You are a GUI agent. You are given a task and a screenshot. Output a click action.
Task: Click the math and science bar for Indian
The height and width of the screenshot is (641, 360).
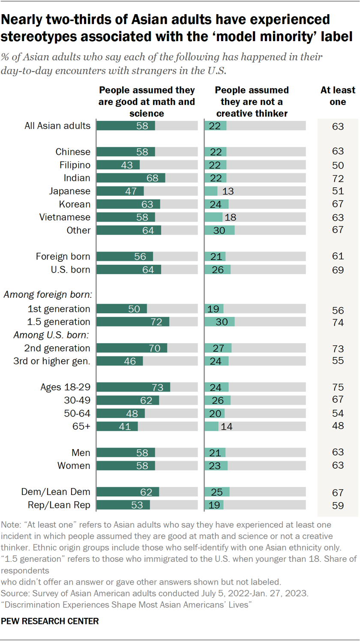pos(131,178)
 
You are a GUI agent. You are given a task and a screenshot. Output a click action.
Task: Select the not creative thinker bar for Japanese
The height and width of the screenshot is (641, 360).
pos(211,191)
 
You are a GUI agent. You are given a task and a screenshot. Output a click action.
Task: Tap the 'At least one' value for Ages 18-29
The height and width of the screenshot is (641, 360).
pos(338,387)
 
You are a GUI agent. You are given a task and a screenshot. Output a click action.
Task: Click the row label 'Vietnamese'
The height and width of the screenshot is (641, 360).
pos(65,217)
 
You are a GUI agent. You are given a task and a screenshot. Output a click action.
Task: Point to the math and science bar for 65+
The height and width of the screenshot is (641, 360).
pos(117,426)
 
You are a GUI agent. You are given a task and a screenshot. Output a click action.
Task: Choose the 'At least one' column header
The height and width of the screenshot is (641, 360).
pos(338,96)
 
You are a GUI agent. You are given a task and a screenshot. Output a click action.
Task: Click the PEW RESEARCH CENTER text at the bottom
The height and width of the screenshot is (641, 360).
pos(50,621)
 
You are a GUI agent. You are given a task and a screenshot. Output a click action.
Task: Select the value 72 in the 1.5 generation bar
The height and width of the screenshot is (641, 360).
pos(156,322)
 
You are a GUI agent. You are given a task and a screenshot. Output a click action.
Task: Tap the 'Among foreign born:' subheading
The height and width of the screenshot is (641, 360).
pos(49,295)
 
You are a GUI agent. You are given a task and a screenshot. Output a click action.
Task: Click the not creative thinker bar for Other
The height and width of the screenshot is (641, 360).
pos(219,230)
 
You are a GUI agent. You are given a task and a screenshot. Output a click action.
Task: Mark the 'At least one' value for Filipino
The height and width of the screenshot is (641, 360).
pos(338,165)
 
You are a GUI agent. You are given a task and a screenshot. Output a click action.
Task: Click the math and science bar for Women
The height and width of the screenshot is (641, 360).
pos(126,466)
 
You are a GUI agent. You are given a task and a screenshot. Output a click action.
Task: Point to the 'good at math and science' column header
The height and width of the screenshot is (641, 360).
pos(147,102)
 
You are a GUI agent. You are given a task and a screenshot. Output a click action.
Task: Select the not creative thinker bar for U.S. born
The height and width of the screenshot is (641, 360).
pos(217,270)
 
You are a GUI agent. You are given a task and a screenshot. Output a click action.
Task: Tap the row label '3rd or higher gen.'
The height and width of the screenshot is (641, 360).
pos(51,361)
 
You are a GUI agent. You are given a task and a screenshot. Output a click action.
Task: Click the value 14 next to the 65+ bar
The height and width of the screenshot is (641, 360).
pos(226,427)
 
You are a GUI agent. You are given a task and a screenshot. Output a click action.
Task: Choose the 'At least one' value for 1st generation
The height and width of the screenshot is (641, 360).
pos(338,310)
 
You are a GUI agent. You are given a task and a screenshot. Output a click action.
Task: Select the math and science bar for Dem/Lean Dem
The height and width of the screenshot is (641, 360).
pos(128,492)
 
